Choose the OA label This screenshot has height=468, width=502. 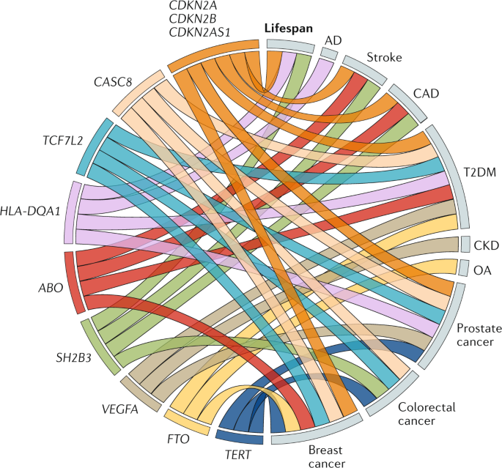tap(483, 270)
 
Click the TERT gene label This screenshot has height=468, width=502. tap(239, 456)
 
